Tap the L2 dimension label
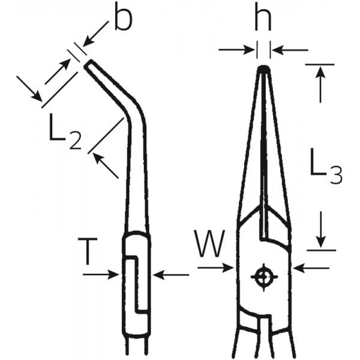pos(65,131)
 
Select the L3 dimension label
pos(326,166)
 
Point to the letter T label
pos(88,251)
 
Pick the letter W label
pos(209,244)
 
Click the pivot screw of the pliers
pos(264,277)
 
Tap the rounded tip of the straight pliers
pos(263,69)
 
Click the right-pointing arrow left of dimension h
pos(236,50)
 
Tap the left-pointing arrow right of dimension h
pos(290,50)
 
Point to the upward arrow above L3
pos(320,84)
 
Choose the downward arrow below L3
pos(321,230)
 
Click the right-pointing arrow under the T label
pos(101,274)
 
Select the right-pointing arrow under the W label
pos(215,268)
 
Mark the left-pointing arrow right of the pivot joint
pos(311,268)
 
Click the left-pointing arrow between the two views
pos(171,275)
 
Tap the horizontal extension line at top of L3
pos(320,65)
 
